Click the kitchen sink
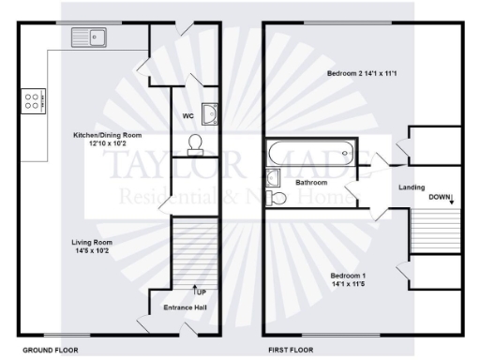[89, 37]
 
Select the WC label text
[188, 117]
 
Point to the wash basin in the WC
[211, 113]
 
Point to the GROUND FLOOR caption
[50, 349]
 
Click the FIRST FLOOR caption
[291, 349]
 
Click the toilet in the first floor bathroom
[276, 198]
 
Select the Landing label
[412, 186]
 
